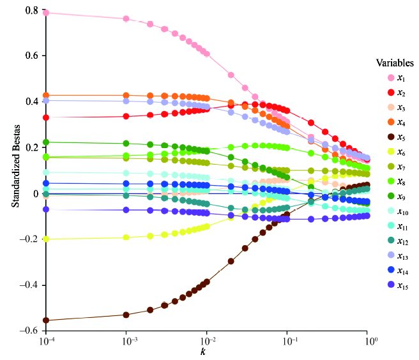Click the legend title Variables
point(395,63)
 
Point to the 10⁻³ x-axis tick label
point(126,342)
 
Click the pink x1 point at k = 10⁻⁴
point(46,13)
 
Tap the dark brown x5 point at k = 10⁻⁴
point(46,320)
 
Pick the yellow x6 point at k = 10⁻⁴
point(46,239)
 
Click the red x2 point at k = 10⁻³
point(126,116)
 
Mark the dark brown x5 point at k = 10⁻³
point(126,315)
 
